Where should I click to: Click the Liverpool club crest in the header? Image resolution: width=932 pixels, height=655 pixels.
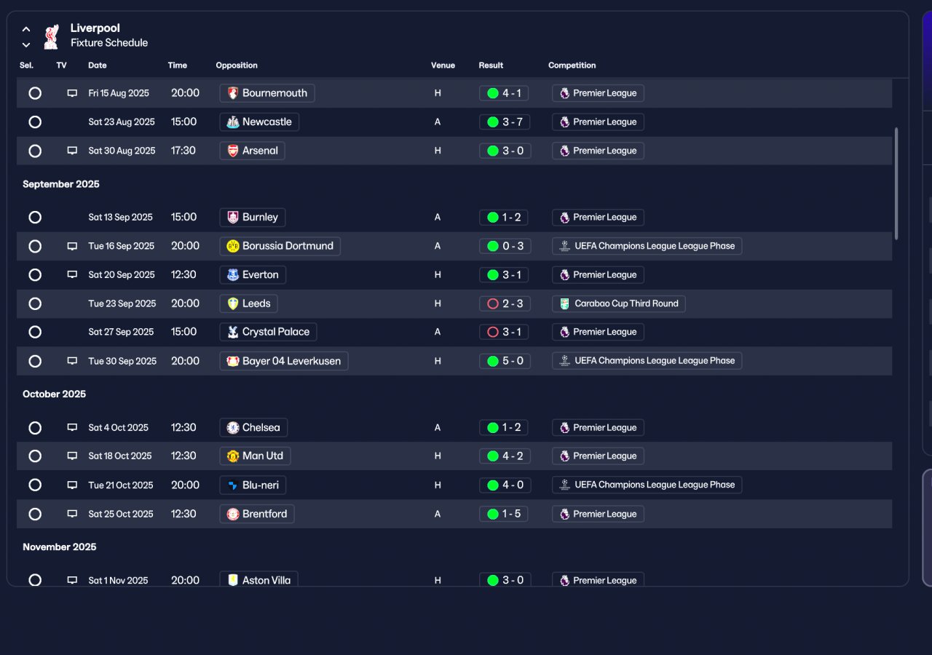click(52, 36)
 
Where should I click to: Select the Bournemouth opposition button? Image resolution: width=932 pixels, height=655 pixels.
click(267, 93)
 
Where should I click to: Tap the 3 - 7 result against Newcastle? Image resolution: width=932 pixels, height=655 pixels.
click(505, 122)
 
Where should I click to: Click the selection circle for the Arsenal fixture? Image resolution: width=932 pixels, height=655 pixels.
click(35, 151)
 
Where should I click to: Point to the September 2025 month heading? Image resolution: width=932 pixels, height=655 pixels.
click(61, 184)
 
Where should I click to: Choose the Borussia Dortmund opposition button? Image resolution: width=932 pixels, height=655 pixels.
click(280, 246)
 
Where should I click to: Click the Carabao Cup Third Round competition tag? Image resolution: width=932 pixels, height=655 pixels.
click(619, 303)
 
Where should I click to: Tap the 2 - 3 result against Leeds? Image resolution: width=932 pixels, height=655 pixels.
click(505, 303)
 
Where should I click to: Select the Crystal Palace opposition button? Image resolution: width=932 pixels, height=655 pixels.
click(269, 332)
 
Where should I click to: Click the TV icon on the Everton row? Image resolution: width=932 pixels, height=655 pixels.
click(72, 274)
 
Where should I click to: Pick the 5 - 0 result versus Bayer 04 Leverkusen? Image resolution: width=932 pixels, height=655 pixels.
click(505, 361)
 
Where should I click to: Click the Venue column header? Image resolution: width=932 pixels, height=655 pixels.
click(443, 65)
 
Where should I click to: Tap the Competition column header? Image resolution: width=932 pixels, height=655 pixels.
click(572, 65)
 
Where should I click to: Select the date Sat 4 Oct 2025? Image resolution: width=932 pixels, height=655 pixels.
click(118, 427)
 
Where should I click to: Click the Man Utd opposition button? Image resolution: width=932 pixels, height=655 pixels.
click(255, 456)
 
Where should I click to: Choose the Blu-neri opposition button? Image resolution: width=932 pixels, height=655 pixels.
click(253, 485)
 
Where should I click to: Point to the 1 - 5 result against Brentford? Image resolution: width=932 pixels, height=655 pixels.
click(503, 514)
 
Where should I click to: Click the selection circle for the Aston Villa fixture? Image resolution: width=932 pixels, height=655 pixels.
click(35, 580)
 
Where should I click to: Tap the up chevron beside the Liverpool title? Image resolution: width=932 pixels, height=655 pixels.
click(26, 29)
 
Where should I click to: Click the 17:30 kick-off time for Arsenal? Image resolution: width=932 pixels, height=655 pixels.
click(183, 151)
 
